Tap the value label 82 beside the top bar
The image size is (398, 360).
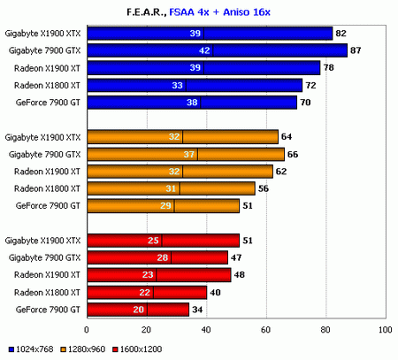(341, 34)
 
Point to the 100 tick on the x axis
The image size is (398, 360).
(384, 330)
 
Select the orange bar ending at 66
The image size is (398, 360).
(185, 154)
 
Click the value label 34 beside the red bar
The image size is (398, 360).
(197, 310)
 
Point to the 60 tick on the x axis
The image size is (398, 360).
(265, 330)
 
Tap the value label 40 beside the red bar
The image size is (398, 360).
(215, 293)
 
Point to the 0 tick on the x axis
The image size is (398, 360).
(86, 330)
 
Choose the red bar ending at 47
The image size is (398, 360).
(155, 257)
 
